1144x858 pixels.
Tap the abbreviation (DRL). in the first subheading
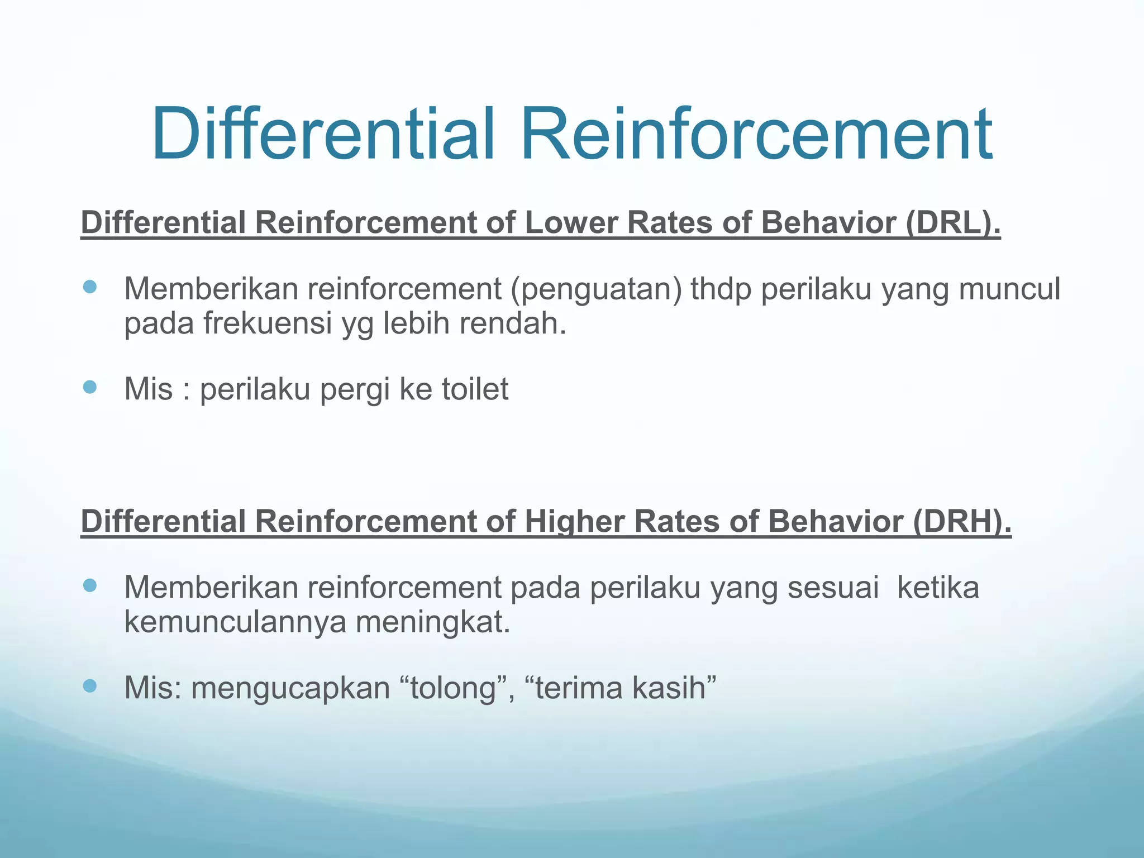953,222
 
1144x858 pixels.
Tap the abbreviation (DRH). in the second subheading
962,521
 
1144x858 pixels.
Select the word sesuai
833,588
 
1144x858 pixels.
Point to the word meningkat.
433,621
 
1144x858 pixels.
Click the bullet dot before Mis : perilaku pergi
89,387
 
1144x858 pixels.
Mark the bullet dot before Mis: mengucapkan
89,685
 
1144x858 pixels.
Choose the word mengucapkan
290,688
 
